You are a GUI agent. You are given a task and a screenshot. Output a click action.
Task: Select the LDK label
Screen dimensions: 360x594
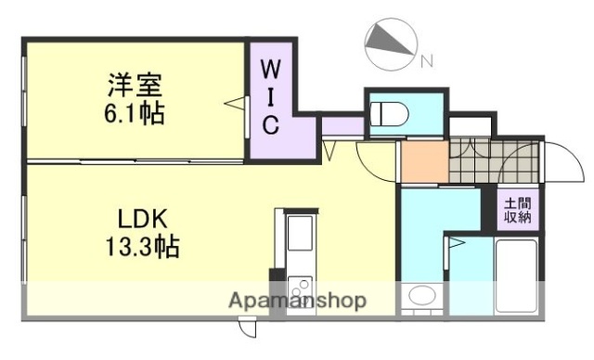tap(141, 221)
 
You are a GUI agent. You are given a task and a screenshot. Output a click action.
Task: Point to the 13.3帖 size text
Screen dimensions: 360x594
tap(141, 249)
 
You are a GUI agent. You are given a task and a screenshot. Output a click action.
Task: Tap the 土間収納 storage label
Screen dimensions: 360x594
tap(517, 211)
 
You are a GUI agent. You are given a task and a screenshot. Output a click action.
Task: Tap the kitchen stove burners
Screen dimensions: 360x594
tap(300, 288)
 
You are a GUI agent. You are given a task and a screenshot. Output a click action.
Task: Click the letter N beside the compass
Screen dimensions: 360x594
tap(426, 62)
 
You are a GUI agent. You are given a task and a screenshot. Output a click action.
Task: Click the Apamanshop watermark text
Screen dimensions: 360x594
tap(297, 301)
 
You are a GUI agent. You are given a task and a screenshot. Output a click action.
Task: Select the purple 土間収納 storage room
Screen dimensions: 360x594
tap(517, 211)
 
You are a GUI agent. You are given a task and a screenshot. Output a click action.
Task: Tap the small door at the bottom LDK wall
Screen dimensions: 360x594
tap(245, 327)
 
